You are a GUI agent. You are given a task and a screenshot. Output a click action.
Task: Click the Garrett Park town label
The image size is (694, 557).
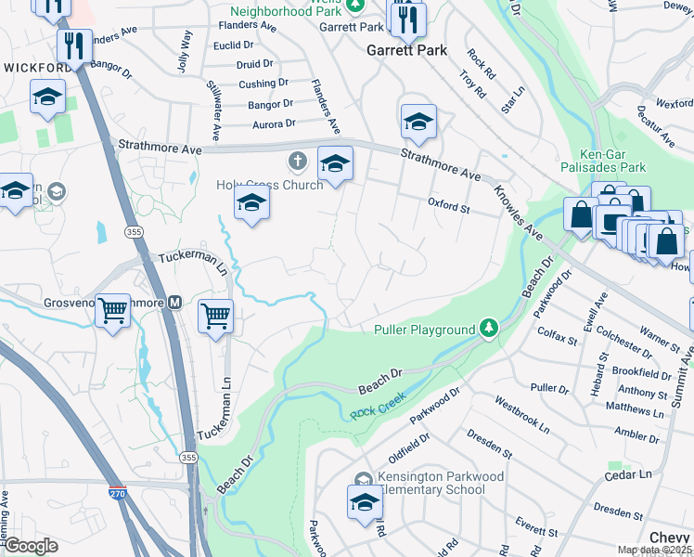coord(406,50)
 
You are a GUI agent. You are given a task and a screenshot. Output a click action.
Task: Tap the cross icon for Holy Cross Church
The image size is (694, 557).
coord(297,162)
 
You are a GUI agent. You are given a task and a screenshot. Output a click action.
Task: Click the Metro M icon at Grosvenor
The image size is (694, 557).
coord(173,303)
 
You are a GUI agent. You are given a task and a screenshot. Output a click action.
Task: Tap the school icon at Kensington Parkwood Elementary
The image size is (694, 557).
coord(365,502)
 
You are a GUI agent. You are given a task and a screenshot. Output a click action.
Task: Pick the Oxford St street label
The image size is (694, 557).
coord(448,205)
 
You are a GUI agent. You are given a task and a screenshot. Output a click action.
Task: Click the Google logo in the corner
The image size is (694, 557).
coord(30,546)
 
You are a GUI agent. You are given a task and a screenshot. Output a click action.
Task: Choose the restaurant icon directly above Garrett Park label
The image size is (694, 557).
coord(406,18)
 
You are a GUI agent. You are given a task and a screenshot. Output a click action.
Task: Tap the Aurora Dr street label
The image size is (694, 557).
coord(272,123)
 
